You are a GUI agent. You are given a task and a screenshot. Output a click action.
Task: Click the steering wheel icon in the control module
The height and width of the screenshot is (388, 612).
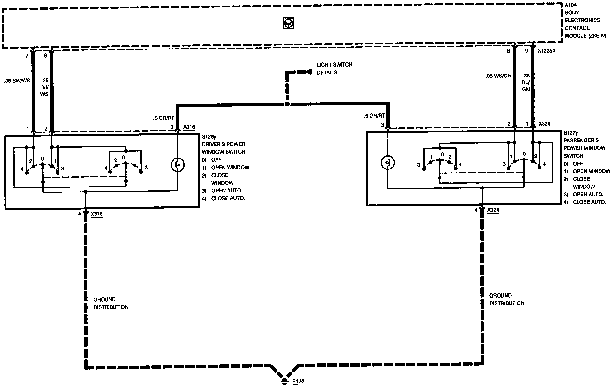coord(289,23)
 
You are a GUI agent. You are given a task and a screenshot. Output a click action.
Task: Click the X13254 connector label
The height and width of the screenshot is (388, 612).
coord(546,51)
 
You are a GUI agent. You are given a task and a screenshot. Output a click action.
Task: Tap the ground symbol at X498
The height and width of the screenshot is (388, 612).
coord(284,381)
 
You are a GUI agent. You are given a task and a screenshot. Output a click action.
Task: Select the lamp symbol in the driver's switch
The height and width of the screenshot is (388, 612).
coord(178,164)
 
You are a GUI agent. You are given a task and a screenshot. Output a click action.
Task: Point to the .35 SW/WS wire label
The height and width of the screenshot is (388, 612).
coord(17,81)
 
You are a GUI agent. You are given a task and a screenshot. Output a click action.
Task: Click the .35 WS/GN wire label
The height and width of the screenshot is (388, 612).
coord(498,76)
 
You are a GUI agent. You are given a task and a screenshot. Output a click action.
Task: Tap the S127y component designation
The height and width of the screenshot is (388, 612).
coord(571,133)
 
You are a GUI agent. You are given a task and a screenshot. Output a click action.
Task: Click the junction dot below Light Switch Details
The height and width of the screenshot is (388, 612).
coord(287,104)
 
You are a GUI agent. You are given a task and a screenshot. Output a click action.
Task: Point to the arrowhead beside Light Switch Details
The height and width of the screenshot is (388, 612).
coord(308,72)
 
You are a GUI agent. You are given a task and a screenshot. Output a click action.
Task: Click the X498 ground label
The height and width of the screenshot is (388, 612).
coord(298,381)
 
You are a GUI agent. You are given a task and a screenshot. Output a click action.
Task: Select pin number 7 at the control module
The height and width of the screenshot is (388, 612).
coord(27,56)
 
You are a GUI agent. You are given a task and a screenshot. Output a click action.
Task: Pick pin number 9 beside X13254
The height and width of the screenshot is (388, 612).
coord(526,51)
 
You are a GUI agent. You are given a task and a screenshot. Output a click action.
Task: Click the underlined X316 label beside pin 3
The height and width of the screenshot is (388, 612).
coord(189,127)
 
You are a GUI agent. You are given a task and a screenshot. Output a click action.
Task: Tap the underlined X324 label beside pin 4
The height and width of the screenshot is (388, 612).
coord(493,210)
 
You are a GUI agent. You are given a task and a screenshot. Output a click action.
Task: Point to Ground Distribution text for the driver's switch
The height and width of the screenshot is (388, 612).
coord(111,303)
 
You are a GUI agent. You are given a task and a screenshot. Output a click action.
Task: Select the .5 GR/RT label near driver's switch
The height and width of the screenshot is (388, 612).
coord(163,118)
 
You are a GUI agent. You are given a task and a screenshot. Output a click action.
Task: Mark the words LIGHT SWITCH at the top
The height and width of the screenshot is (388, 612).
coord(335,65)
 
